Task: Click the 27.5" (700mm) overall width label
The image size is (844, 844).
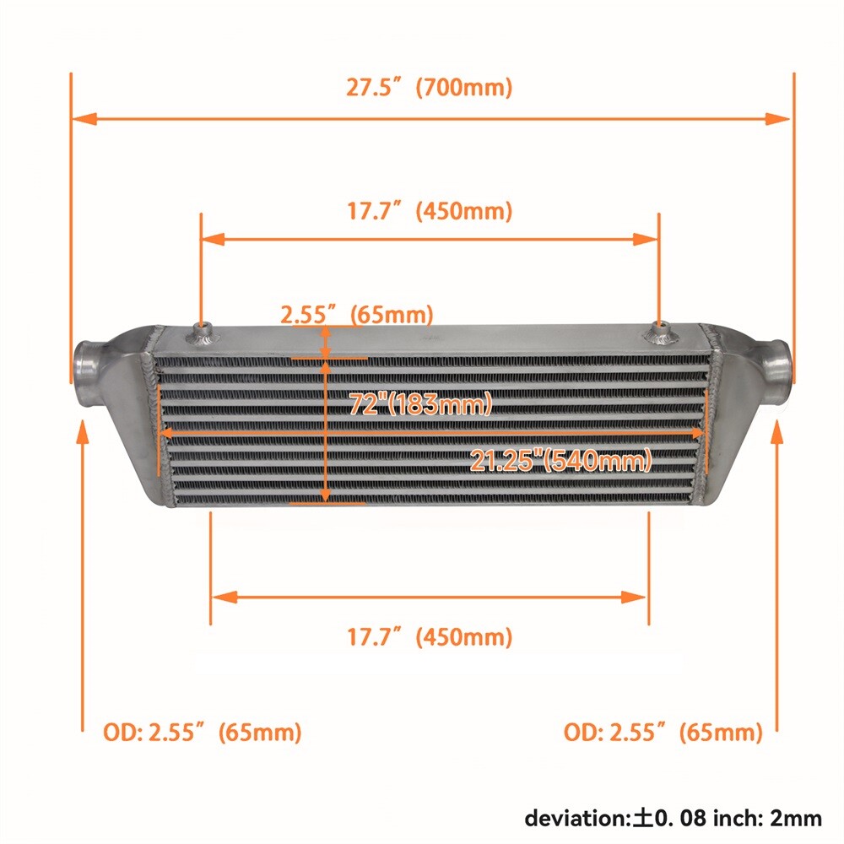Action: (429, 88)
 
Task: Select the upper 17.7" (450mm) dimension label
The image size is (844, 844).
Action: (429, 210)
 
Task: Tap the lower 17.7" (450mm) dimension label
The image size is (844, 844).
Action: (429, 636)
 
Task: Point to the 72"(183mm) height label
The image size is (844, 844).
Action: (420, 404)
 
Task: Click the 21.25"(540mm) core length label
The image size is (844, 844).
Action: (561, 461)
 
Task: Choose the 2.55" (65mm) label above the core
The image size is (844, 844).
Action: (356, 315)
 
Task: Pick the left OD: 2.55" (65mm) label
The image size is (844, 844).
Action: (202, 733)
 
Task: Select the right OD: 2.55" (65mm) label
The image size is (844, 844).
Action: (663, 733)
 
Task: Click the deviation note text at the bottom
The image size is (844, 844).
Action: (673, 817)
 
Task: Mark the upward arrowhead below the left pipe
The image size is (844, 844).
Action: (83, 431)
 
